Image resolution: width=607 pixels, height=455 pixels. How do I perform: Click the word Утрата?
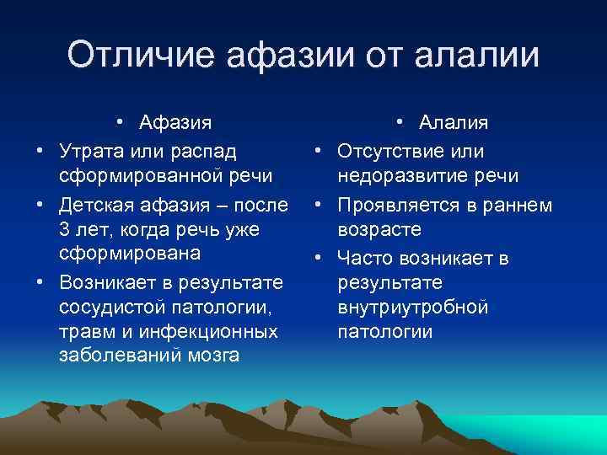coord(89,151)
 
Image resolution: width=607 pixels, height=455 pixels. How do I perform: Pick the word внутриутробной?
coord(413,306)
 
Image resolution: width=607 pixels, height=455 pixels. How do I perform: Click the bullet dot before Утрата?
coord(39,152)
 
